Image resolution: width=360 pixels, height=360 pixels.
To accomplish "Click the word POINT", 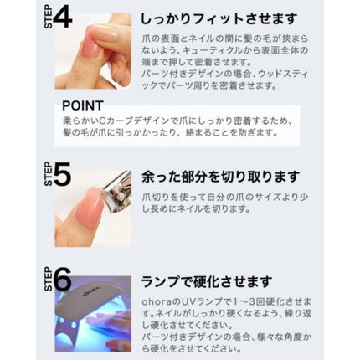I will (83, 105).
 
